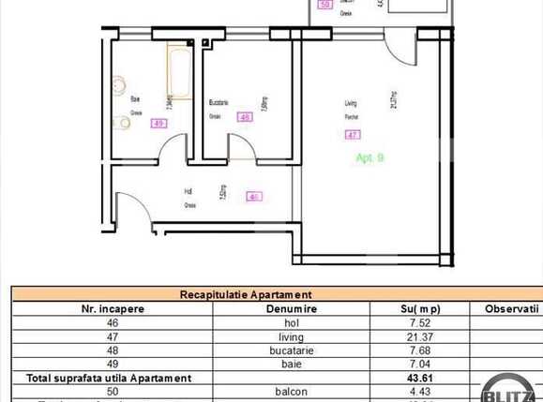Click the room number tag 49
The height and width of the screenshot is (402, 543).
[x=158, y=123]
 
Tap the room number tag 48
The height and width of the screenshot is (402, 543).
[x=245, y=118]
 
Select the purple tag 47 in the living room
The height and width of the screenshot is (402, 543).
[x=354, y=135]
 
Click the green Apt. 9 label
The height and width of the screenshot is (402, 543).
[x=370, y=158]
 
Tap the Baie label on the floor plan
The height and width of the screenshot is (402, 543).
[x=136, y=100]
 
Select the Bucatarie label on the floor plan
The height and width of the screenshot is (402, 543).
[x=219, y=101]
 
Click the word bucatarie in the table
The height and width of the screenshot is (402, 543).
[x=292, y=350]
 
